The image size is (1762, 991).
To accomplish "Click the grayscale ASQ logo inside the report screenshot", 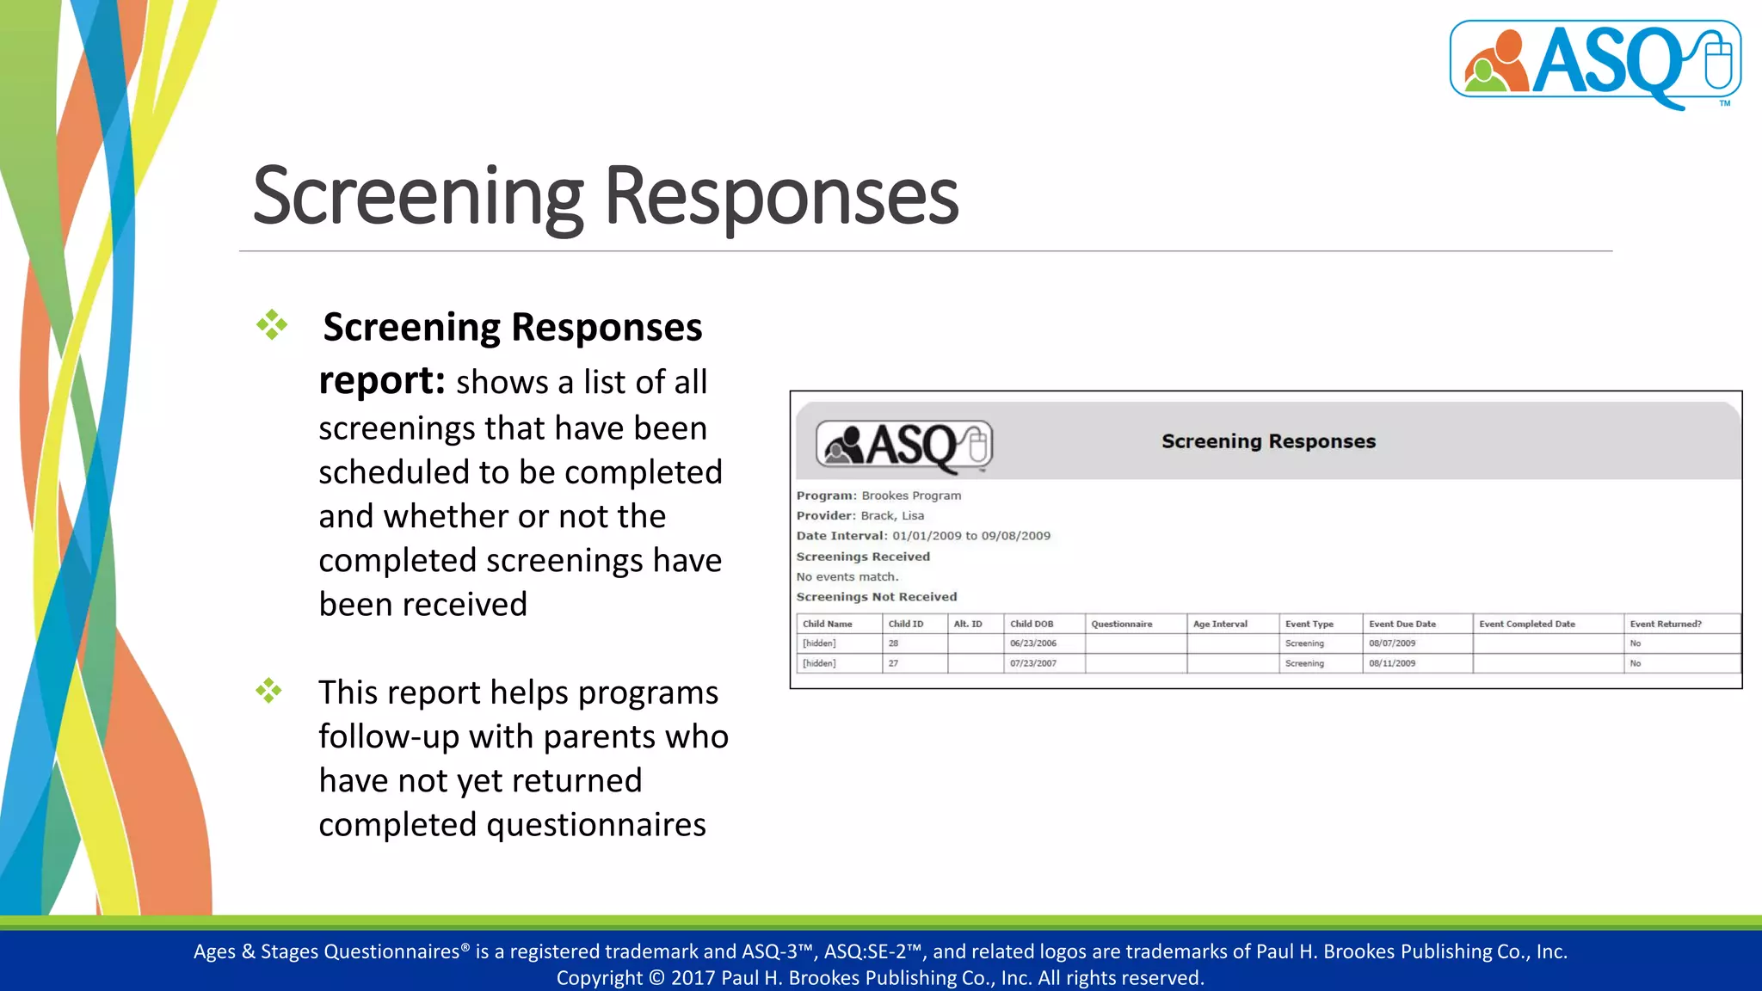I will tap(903, 446).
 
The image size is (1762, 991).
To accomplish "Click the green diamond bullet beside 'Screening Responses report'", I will tap(272, 325).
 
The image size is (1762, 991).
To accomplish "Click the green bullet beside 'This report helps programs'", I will tap(269, 691).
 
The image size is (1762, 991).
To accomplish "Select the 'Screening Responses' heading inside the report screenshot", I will tap(1268, 441).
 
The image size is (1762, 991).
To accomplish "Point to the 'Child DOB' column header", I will tap(1031, 624).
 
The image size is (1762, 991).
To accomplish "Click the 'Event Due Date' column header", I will tap(1402, 624).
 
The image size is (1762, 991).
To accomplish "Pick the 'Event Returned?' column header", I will tap(1665, 624).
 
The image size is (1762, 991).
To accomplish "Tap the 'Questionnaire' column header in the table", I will tap(1121, 624).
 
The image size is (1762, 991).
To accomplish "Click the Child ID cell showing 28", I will tap(893, 643).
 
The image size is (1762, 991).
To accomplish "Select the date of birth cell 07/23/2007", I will tap(1032, 663).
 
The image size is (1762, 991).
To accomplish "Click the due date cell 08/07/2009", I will tap(1391, 643).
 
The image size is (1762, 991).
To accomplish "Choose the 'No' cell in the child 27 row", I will tap(1635, 663).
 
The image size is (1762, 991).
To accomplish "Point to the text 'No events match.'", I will tap(847, 576).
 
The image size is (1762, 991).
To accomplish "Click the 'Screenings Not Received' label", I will tap(876, 596).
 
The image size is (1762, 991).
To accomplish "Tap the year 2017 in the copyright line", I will tap(693, 978).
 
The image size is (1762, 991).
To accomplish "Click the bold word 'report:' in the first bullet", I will tap(381, 381).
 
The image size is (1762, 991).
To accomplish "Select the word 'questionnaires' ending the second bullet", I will tap(596, 825).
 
